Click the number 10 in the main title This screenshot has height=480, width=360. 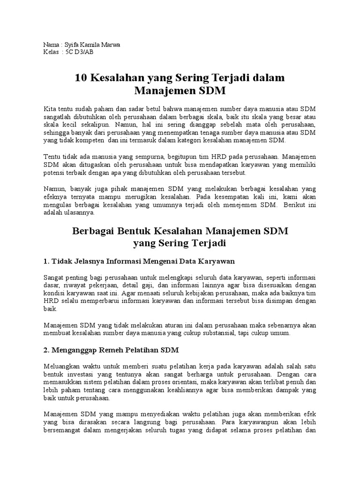click(x=81, y=77)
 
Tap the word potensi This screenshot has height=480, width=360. click(x=53, y=172)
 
